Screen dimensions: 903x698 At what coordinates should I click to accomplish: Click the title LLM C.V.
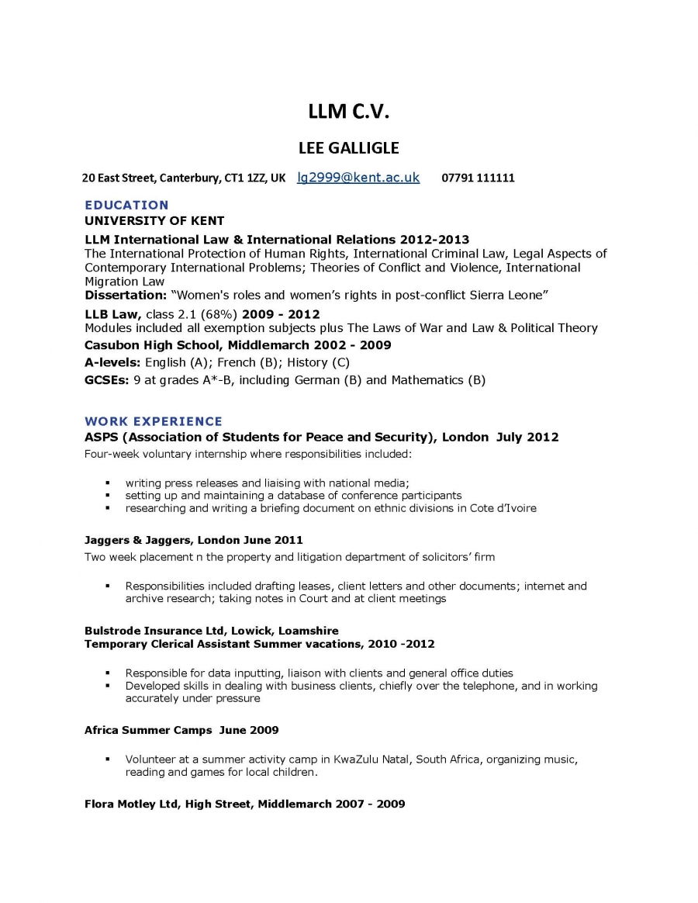point(348,112)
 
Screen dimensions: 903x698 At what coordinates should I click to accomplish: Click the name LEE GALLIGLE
point(348,147)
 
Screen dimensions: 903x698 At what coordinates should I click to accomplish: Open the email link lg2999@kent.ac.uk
point(358,178)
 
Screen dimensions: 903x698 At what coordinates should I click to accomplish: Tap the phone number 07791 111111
point(478,178)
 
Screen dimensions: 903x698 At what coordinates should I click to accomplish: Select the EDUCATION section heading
point(126,206)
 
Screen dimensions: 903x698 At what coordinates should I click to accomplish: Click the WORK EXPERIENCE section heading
point(154,422)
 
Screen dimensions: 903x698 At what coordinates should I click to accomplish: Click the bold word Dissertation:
point(126,296)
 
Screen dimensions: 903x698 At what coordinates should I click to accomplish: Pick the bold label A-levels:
point(112,362)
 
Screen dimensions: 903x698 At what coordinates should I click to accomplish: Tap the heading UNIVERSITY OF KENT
point(154,221)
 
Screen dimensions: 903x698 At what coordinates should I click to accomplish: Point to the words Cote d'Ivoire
point(503,508)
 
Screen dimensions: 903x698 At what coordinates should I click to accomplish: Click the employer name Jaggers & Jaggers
point(138,540)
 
